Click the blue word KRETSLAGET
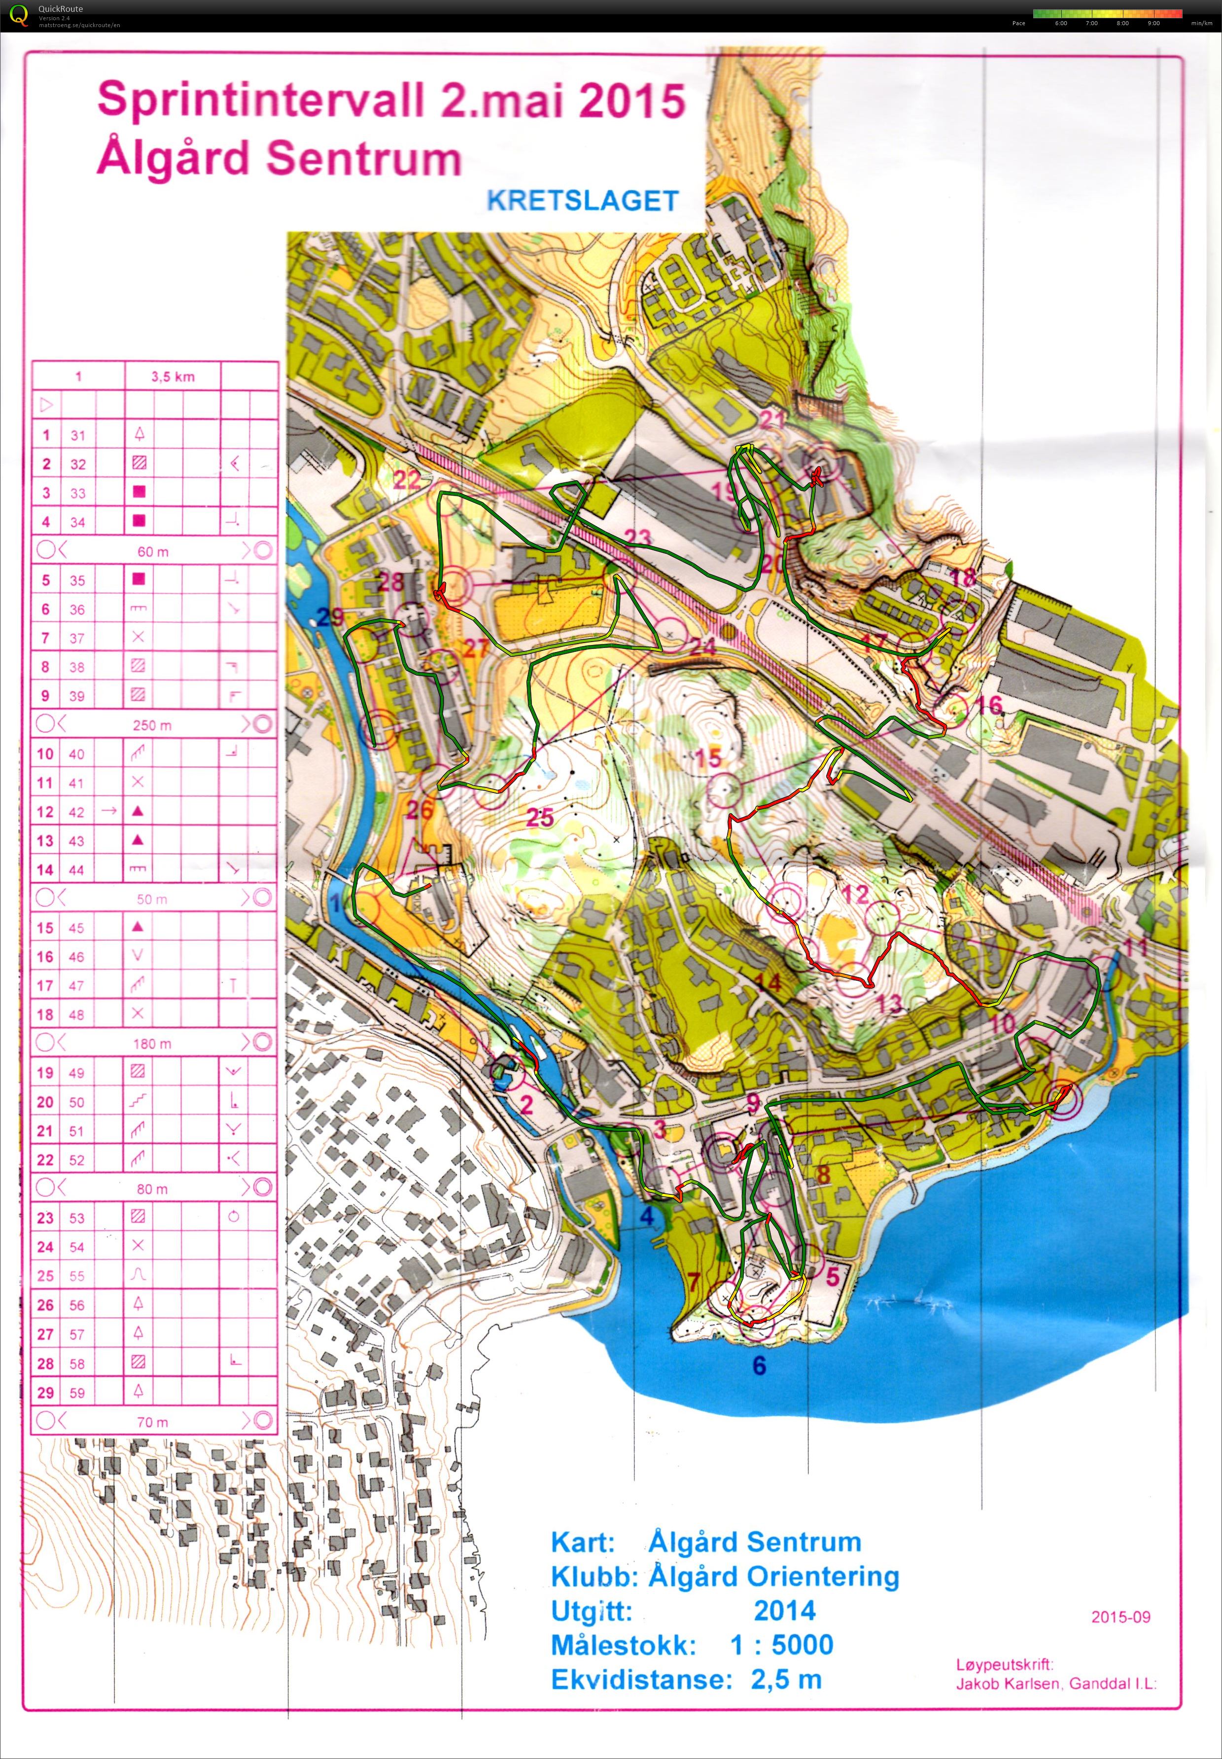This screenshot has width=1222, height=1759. (583, 201)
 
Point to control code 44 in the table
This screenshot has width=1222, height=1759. (76, 869)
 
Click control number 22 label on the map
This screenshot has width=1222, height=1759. (407, 479)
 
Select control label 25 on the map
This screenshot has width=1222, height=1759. (540, 817)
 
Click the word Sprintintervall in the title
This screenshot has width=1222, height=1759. (260, 100)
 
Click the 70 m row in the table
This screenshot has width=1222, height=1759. (152, 1421)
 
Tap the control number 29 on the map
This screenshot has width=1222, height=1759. (331, 616)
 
